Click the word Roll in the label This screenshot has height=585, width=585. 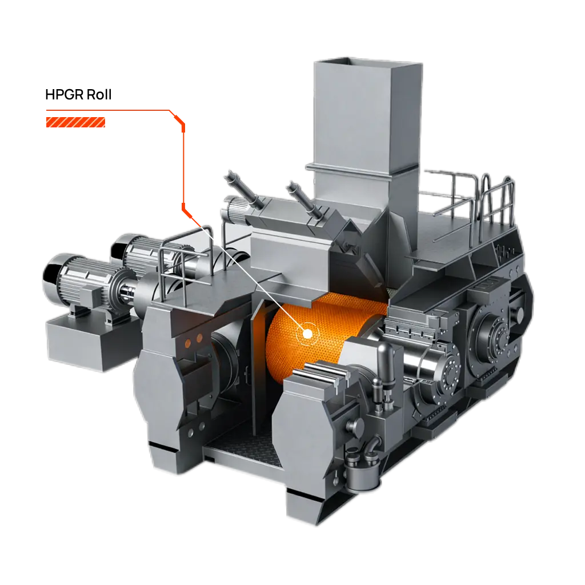click(99, 95)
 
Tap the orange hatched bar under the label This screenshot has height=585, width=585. click(76, 122)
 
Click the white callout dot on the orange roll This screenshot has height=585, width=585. click(307, 334)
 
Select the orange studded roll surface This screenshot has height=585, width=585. click(321, 332)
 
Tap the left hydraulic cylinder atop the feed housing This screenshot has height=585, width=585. click(245, 190)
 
